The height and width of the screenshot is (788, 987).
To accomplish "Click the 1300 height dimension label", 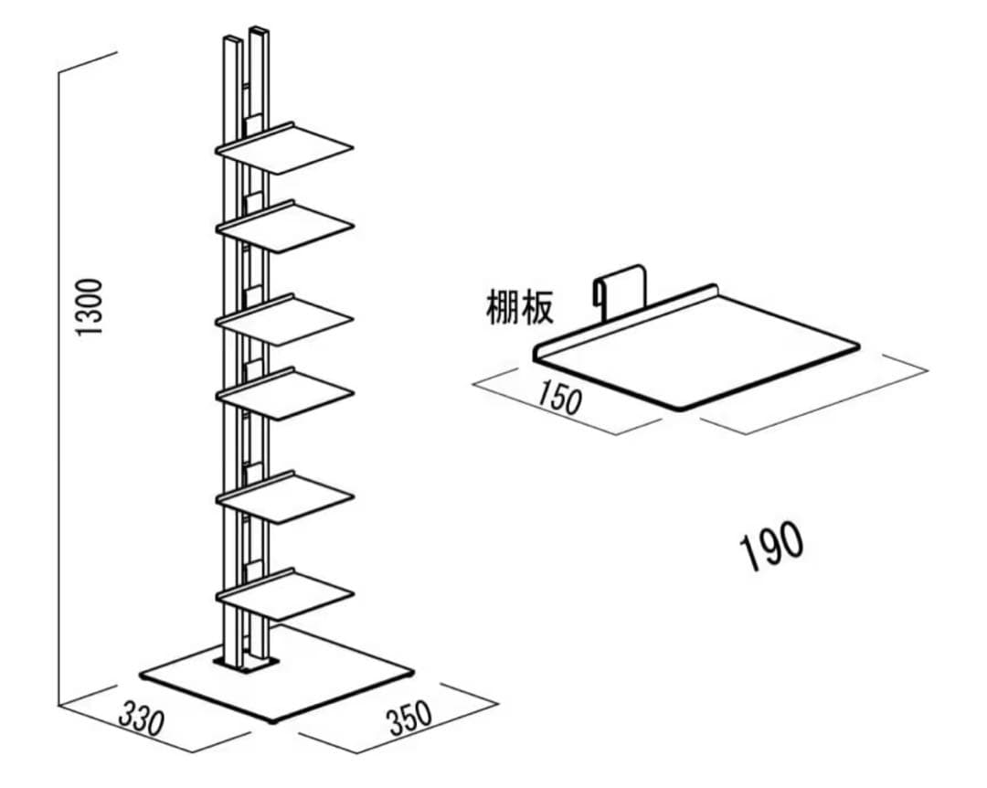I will (90, 306).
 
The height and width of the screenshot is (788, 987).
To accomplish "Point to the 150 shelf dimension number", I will (558, 398).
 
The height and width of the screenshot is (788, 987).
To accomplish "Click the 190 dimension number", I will (772, 547).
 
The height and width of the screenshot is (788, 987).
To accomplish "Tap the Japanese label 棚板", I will (519, 308).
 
